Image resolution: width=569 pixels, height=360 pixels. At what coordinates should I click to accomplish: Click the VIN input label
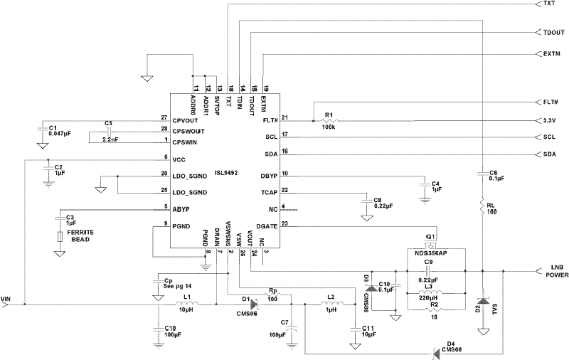pyautogui.click(x=5, y=299)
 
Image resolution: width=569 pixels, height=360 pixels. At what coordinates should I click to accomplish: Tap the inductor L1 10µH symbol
pyautogui.click(x=186, y=304)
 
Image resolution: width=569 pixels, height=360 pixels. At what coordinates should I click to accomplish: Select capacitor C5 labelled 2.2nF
pyautogui.click(x=108, y=131)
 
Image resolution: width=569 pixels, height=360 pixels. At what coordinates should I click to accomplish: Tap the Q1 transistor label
pyautogui.click(x=431, y=237)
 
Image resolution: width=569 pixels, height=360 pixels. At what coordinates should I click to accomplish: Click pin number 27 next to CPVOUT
pyautogui.click(x=164, y=117)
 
